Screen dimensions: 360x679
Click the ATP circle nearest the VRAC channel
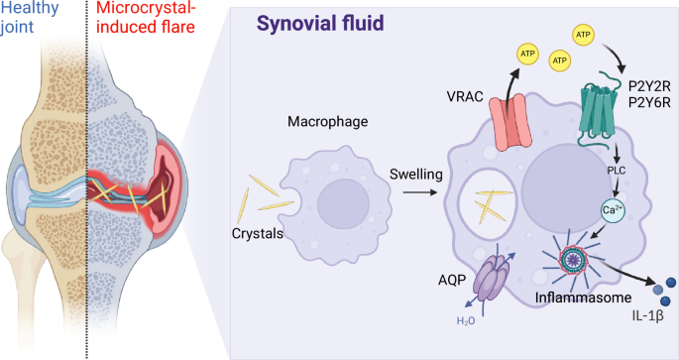click(x=526, y=52)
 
